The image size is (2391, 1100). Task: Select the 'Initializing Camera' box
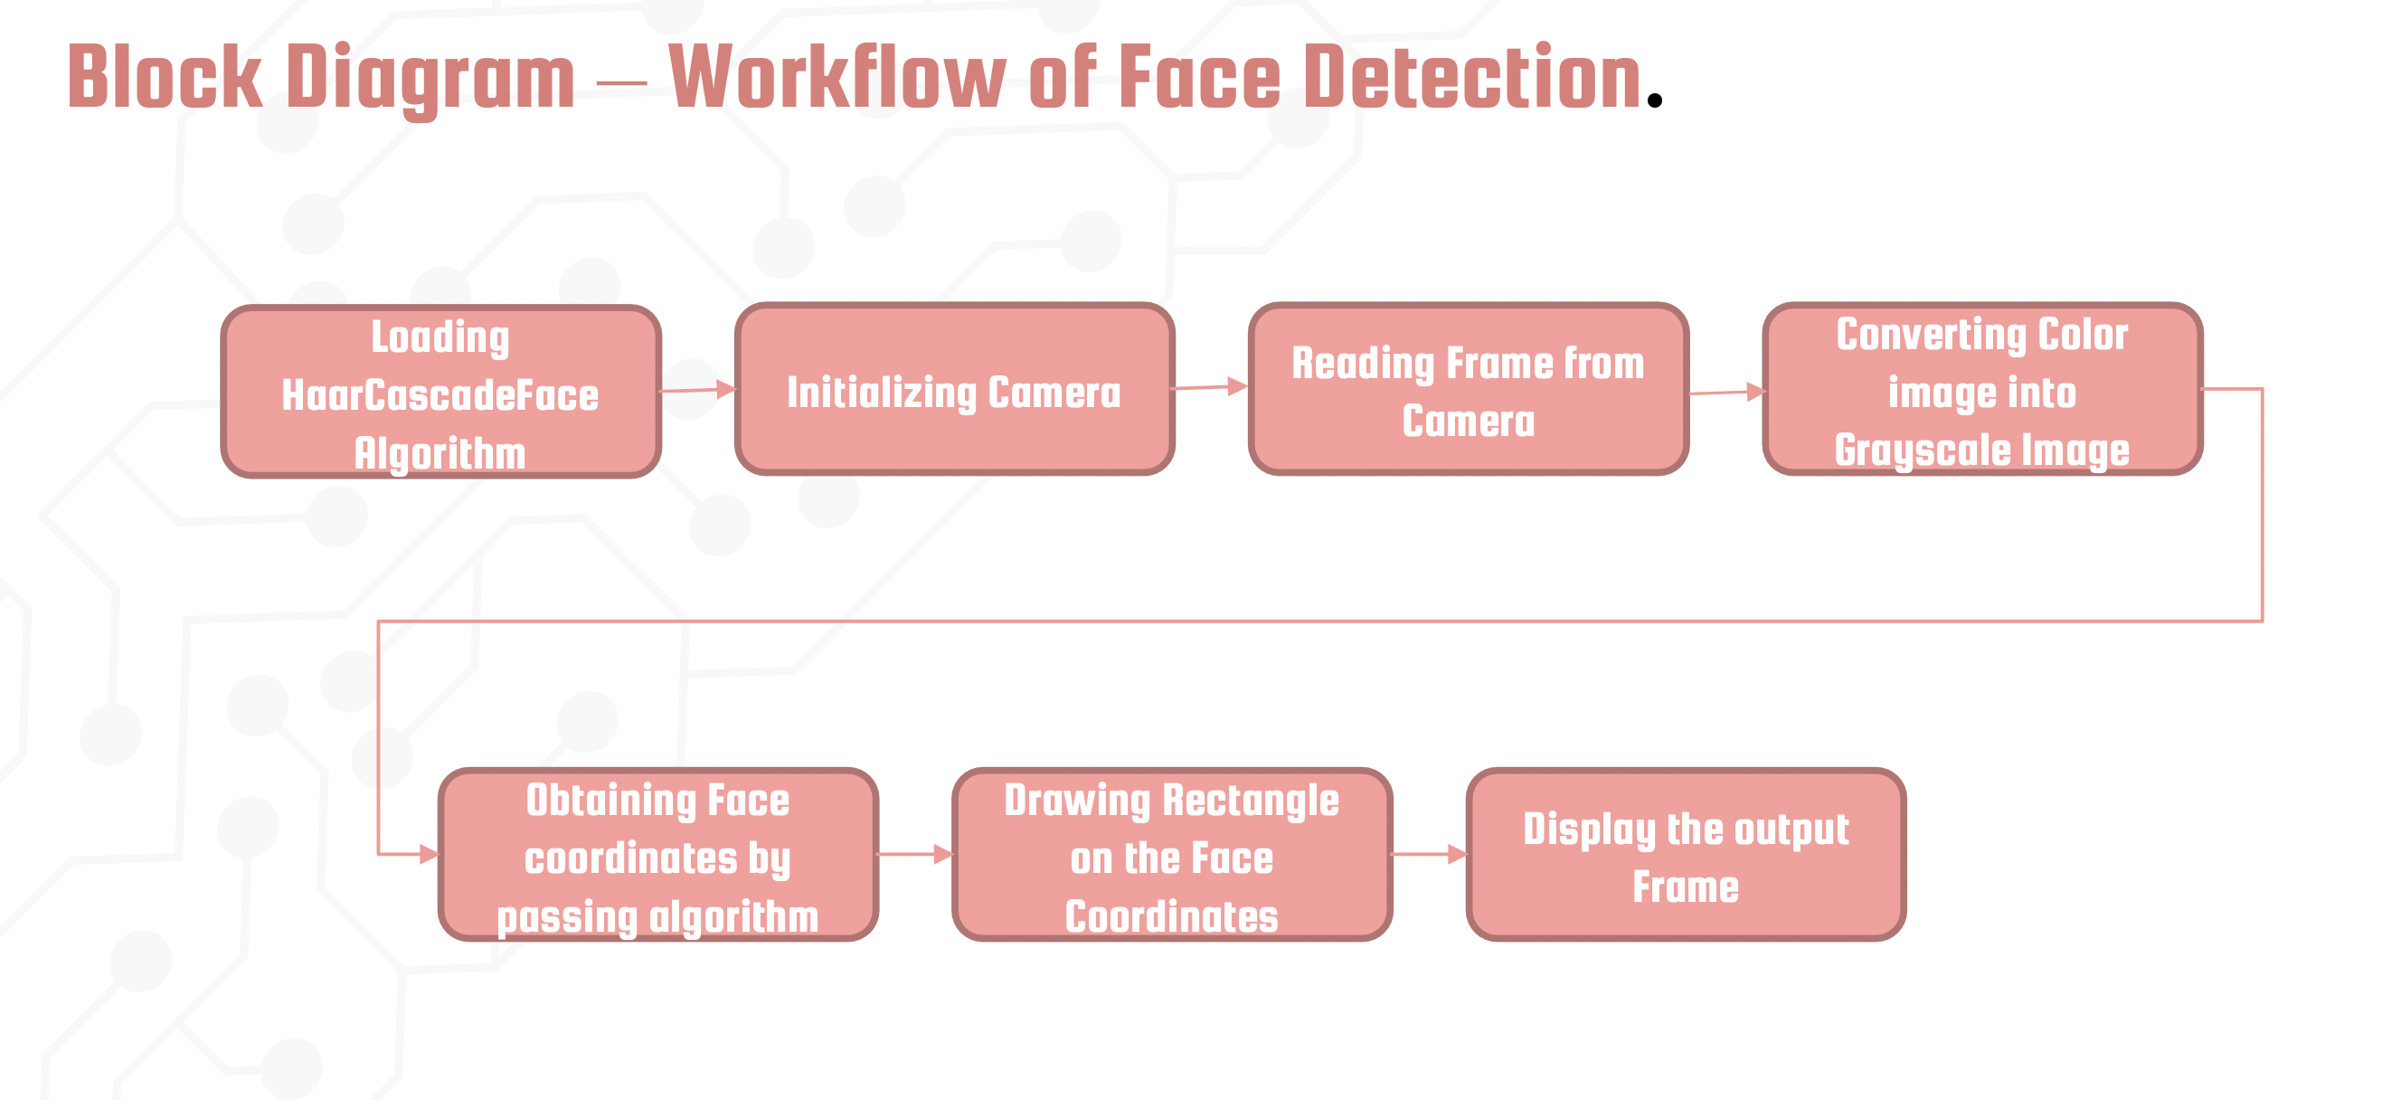(x=954, y=389)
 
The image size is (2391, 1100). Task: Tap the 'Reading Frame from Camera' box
(x=1468, y=389)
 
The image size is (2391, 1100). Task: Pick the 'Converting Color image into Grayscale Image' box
(x=1981, y=389)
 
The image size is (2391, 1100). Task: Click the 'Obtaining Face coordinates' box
(x=657, y=854)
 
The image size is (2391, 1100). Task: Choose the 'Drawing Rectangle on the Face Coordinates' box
(x=1171, y=854)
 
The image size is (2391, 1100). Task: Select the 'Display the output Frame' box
(x=1686, y=854)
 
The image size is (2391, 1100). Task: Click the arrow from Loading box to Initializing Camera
(x=698, y=390)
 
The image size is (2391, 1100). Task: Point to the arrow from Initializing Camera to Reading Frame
(x=1210, y=387)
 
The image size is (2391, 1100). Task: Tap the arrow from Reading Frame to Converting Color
(x=1726, y=393)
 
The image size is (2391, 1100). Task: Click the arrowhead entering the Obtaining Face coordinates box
(x=428, y=854)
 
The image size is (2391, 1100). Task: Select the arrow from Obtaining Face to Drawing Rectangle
(x=915, y=854)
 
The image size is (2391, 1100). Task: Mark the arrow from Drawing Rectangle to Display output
(x=1430, y=854)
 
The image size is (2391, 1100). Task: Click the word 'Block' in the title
(x=165, y=78)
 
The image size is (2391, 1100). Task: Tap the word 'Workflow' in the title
(x=836, y=78)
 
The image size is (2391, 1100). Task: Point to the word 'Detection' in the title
(x=1472, y=78)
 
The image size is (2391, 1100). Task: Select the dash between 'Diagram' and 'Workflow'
(x=621, y=83)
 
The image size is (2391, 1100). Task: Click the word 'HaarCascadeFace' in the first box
(x=440, y=396)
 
